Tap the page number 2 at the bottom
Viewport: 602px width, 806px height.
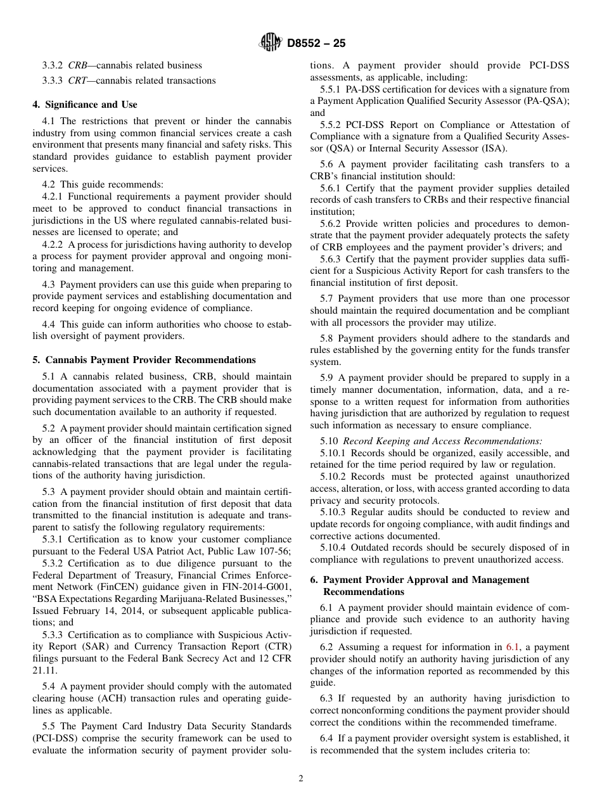[x=301, y=779]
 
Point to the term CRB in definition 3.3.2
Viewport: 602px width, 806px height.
[x=77, y=65]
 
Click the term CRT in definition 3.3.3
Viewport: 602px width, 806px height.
[x=77, y=80]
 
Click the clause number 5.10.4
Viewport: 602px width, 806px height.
[x=333, y=547]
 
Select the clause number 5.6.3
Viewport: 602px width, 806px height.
[x=331, y=259]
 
